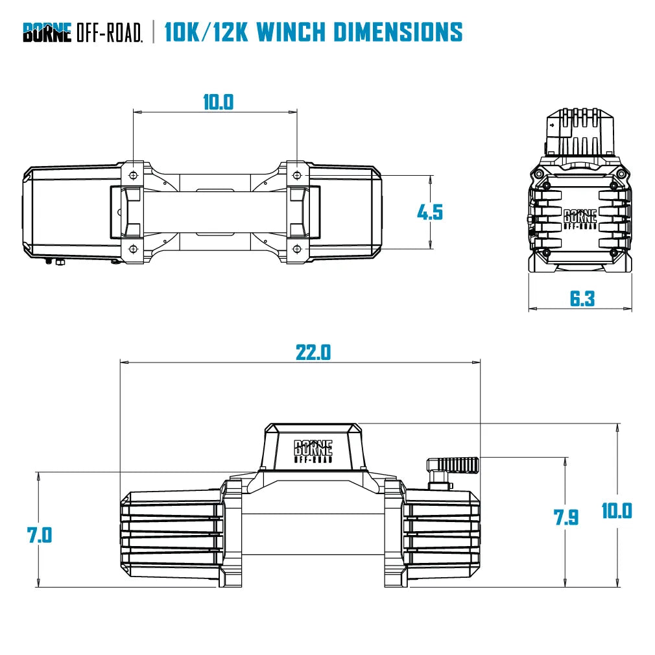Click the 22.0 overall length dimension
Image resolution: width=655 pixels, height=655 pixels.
coord(313,352)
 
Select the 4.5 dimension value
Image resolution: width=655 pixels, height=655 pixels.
coord(429,211)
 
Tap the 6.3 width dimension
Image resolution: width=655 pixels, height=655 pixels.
coord(582,298)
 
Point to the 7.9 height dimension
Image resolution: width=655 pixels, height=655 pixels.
coord(566,517)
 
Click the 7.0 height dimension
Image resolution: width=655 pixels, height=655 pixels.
coord(39,535)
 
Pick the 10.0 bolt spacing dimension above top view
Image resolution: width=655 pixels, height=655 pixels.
coord(218,102)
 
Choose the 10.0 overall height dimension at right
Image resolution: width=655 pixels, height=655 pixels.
coord(616,510)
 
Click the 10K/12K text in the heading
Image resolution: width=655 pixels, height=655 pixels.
coord(206,31)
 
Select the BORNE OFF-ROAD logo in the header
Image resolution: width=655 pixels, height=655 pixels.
coord(82,32)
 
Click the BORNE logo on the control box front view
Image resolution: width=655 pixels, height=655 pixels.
coord(313,450)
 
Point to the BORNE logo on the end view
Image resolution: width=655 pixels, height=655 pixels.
coord(580,219)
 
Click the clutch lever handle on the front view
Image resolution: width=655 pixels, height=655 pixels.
coord(458,464)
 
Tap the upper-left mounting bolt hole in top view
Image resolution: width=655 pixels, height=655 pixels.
coord(133,176)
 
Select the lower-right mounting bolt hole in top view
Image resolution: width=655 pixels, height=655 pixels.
coord(297,249)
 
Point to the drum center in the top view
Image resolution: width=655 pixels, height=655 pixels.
coord(215,212)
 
